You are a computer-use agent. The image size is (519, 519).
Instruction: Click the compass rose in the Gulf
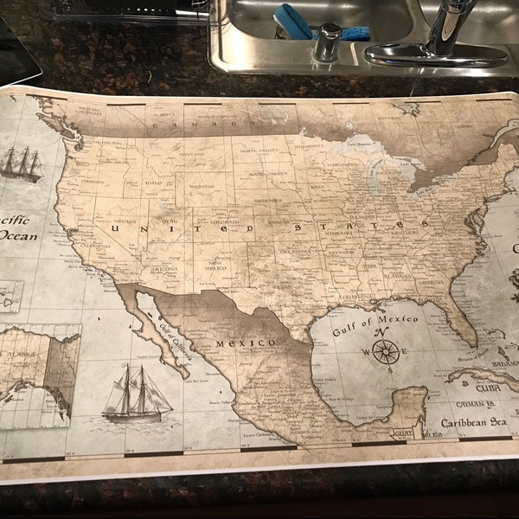pyautogui.click(x=386, y=351)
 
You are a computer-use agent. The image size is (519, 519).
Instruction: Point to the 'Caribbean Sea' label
pyautogui.click(x=472, y=423)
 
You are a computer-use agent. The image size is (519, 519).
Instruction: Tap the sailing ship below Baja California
pyautogui.click(x=137, y=394)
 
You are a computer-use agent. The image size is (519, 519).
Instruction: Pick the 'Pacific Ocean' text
pyautogui.click(x=17, y=227)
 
